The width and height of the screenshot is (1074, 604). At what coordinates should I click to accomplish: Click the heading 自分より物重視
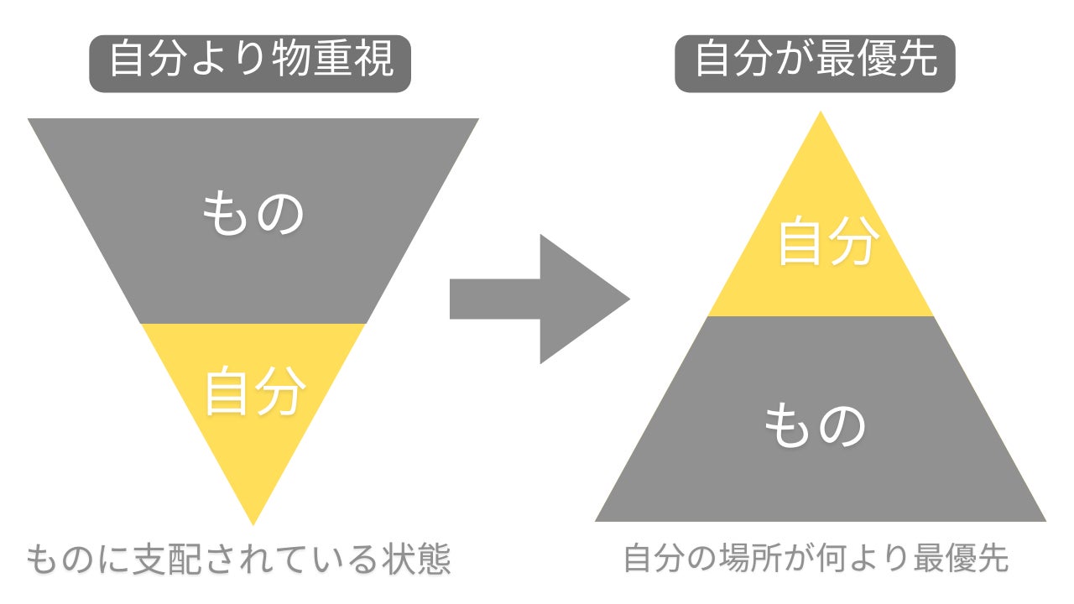[x=250, y=61]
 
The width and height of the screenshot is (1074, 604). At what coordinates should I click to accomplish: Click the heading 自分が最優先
[x=815, y=61]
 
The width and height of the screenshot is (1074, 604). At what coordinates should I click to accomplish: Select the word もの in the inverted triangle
[x=253, y=215]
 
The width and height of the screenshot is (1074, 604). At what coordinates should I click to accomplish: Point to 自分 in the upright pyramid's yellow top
[x=827, y=242]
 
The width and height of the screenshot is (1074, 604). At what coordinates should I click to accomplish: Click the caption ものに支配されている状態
[x=238, y=559]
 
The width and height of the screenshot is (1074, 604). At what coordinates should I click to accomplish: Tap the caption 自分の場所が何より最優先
[x=816, y=559]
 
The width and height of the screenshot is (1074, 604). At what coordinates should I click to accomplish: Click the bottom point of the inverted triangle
[x=253, y=521]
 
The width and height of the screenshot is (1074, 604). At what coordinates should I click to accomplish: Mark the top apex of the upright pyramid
[x=821, y=115]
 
